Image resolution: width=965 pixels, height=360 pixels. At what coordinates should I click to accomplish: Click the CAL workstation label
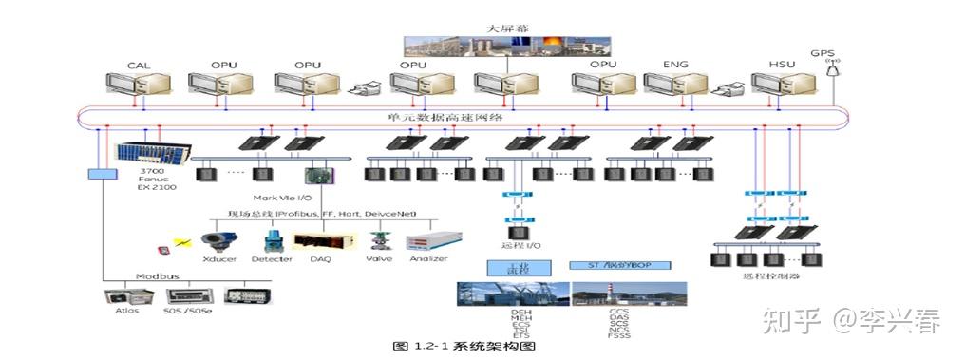click(x=139, y=65)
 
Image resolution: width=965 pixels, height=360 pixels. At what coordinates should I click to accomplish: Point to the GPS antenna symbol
click(x=833, y=69)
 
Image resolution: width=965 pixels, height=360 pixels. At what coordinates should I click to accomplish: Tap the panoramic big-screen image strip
click(x=506, y=46)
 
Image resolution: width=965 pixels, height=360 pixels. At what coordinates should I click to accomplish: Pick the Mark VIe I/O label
click(x=282, y=197)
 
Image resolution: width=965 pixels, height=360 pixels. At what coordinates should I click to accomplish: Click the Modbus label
click(x=151, y=276)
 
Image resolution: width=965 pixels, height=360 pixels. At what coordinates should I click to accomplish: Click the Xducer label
click(x=219, y=258)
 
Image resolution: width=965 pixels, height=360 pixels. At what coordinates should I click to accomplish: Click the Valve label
click(x=379, y=258)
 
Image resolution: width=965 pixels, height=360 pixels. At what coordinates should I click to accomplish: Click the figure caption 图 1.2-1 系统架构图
click(x=464, y=347)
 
